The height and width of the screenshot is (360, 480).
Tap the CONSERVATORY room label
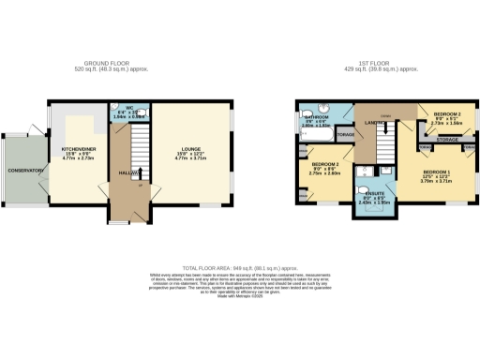(x=22, y=170)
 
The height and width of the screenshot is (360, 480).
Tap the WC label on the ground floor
(x=133, y=110)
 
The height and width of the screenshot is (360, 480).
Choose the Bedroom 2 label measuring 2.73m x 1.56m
(x=446, y=113)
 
